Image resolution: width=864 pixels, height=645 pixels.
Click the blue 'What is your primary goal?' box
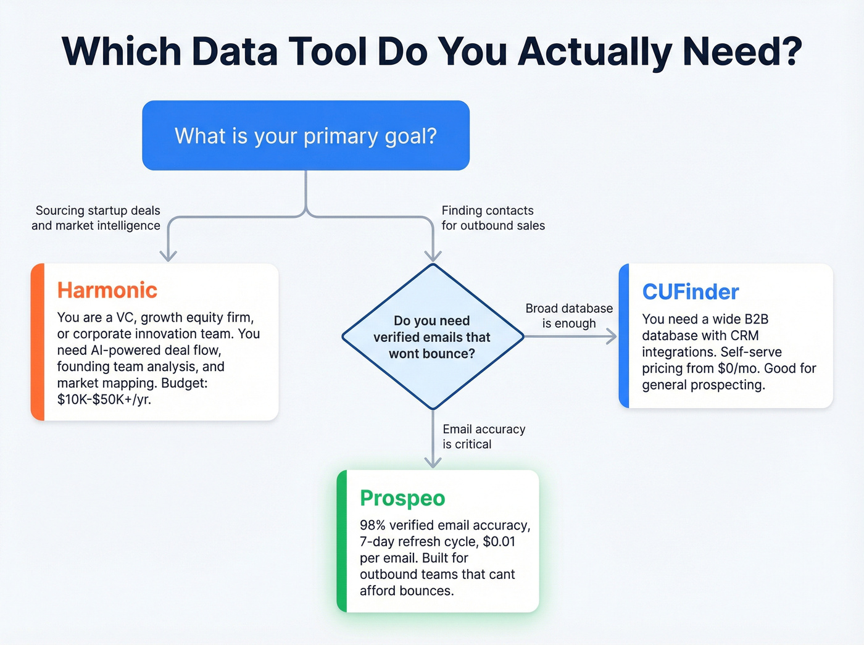click(305, 135)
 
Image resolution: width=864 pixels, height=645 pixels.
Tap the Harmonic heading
click(107, 290)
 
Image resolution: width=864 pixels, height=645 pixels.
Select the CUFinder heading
click(690, 292)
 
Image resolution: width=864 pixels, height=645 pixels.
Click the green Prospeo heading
click(402, 498)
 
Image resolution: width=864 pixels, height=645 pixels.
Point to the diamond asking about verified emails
click(433, 337)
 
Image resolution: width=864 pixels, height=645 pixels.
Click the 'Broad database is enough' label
click(568, 316)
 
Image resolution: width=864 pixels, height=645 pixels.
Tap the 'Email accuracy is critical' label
click(483, 436)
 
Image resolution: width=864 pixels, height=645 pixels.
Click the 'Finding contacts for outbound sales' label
click(492, 218)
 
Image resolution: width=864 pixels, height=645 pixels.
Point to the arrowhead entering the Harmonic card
click(168, 256)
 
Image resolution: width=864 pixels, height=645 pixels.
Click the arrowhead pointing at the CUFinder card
click(611, 336)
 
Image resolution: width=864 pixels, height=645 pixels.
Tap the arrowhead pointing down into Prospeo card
click(433, 462)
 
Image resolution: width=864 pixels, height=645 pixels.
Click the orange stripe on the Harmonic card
click(38, 342)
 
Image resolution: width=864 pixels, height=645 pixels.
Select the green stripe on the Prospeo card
click(342, 541)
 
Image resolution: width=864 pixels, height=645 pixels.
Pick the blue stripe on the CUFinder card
click(624, 336)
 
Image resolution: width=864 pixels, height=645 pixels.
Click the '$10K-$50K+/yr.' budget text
click(104, 399)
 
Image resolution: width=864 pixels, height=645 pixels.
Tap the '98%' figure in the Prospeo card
click(373, 525)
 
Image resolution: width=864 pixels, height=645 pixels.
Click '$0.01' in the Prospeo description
click(499, 542)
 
